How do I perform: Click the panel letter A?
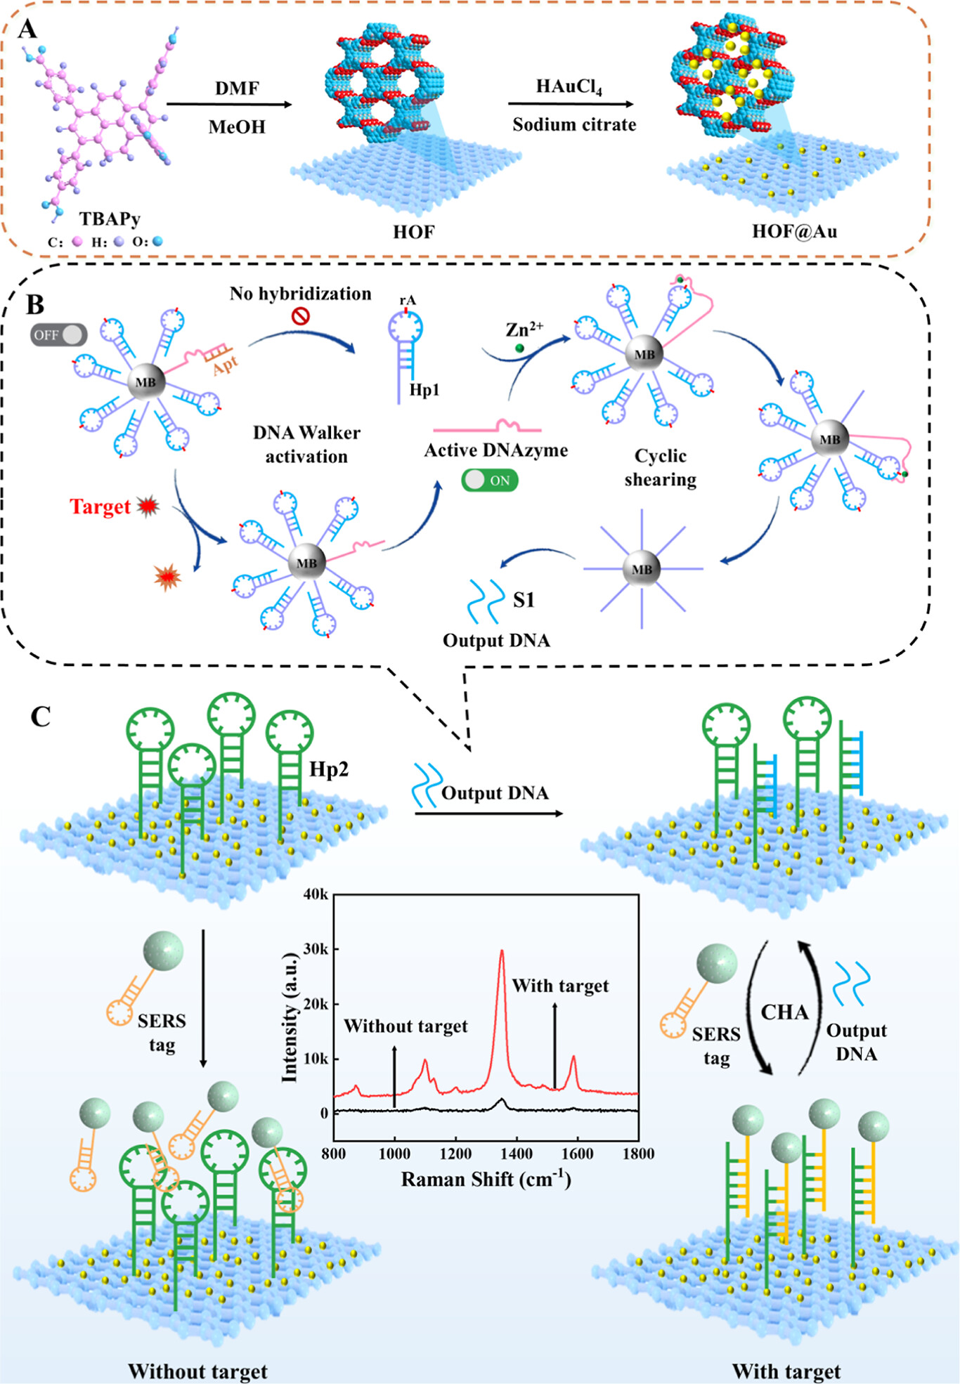click(x=27, y=30)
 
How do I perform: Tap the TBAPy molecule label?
click(x=110, y=219)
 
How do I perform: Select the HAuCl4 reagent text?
click(x=569, y=87)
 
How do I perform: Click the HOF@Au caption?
click(x=794, y=231)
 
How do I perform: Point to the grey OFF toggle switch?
click(x=58, y=335)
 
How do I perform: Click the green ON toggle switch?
click(x=490, y=481)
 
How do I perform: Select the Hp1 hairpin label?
click(x=424, y=390)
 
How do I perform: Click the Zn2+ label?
click(x=524, y=329)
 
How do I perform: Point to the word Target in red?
click(x=100, y=507)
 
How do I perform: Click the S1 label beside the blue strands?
click(x=524, y=599)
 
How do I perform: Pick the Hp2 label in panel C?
click(x=328, y=769)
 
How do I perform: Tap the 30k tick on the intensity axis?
click(x=316, y=949)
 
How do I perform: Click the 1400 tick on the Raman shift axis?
click(x=517, y=1153)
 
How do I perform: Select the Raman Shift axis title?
click(x=486, y=1180)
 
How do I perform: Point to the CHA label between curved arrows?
click(x=784, y=1012)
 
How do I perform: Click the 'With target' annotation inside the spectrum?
click(x=560, y=986)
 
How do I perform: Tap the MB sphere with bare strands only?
click(x=642, y=569)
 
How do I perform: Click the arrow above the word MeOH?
click(x=229, y=105)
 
